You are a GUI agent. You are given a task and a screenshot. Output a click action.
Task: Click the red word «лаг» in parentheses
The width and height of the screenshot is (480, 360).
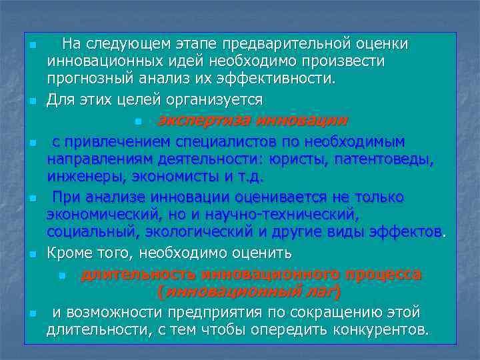point(321,291)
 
